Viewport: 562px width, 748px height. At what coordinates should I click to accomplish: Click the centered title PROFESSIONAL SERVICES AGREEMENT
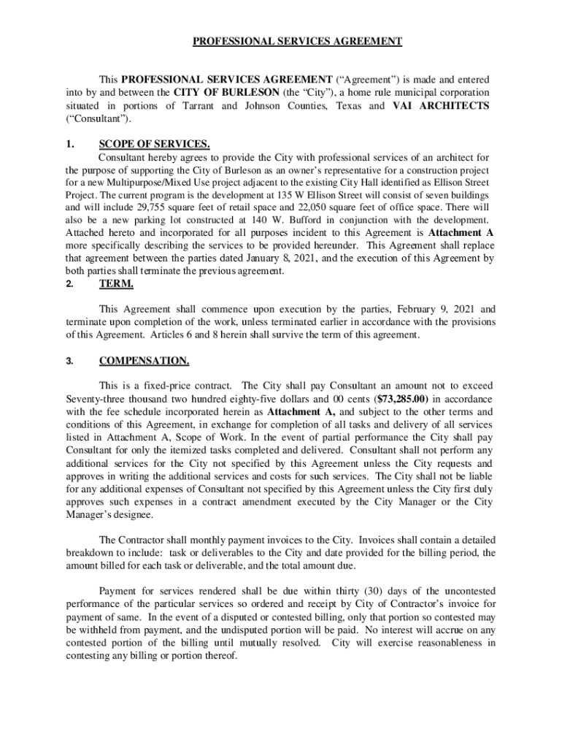pyautogui.click(x=297, y=42)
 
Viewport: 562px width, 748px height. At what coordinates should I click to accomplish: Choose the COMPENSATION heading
pyautogui.click(x=144, y=361)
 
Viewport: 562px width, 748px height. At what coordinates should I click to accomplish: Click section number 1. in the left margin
pyautogui.click(x=70, y=144)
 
